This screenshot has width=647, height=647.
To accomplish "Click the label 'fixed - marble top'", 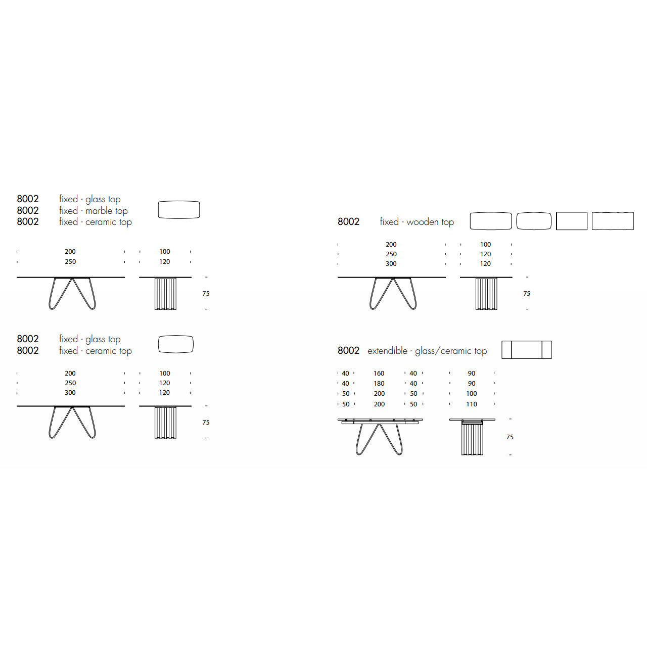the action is click(x=94, y=211).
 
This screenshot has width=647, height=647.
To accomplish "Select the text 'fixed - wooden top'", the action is click(x=417, y=222).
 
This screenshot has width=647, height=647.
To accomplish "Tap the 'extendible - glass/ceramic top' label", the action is click(x=427, y=351).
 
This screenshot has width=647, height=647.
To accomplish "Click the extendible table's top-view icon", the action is click(x=527, y=350).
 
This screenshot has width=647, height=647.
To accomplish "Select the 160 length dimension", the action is click(x=379, y=374).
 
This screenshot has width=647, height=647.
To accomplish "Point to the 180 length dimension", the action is click(x=379, y=384).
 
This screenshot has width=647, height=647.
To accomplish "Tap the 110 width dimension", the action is click(x=472, y=404).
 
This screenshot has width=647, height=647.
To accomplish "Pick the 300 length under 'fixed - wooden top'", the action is click(x=391, y=264).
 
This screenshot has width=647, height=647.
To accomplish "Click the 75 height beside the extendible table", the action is click(x=510, y=437).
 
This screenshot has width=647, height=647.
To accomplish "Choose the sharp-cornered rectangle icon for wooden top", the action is click(x=572, y=221).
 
